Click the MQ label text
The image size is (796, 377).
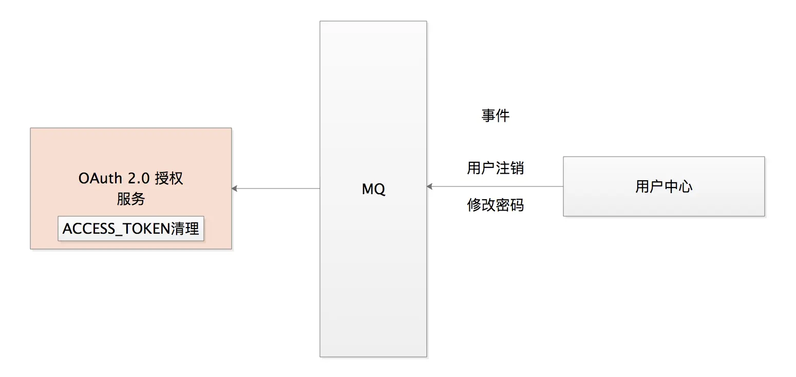coord(373,189)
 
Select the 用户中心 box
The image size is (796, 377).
coord(664,186)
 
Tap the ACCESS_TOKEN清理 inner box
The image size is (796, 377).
coord(131,229)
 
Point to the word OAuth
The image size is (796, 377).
coord(100,178)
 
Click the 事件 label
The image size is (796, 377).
coord(496,116)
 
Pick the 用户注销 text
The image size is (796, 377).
coord(496,168)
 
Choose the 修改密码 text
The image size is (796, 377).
coord(496,205)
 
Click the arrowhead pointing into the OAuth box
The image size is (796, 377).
coord(235,188)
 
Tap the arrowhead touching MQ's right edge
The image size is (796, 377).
coord(430,186)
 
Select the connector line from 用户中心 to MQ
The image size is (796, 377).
coord(495,186)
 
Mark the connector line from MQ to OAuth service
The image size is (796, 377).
coord(276,188)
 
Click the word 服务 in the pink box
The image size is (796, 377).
coord(131,199)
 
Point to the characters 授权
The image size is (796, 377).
coord(169,178)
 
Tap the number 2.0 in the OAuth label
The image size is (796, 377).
coord(139,178)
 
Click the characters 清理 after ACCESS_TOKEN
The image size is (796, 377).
coord(185,229)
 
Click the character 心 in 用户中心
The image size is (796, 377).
coord(686,186)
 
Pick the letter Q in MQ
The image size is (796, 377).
coord(379,190)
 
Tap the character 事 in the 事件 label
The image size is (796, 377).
coord(488,116)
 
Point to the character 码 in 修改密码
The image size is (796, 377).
coord(517,205)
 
